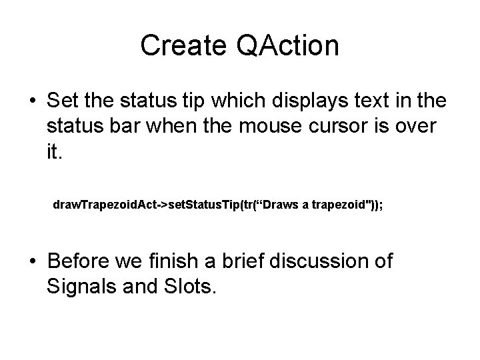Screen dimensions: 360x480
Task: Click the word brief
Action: [x=252, y=261]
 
